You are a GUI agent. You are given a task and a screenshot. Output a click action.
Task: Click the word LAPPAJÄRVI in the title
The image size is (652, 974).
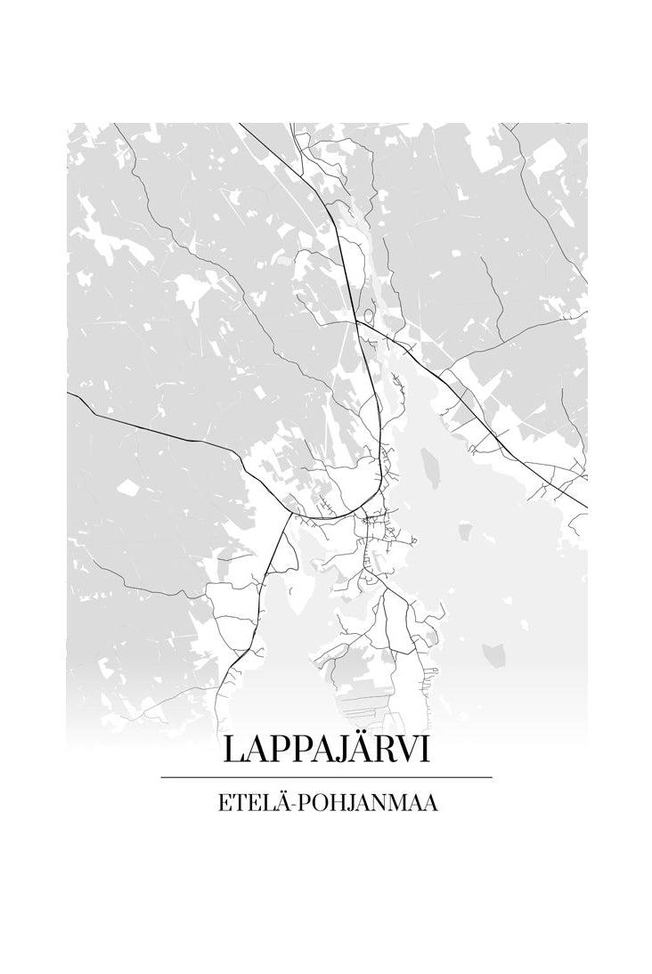(x=326, y=749)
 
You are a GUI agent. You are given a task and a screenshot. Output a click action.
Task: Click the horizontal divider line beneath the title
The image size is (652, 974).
(x=326, y=777)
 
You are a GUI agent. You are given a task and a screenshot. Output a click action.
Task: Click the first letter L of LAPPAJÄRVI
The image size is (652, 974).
(x=233, y=749)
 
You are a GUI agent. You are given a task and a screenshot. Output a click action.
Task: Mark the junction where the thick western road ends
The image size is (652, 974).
(x=289, y=511)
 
